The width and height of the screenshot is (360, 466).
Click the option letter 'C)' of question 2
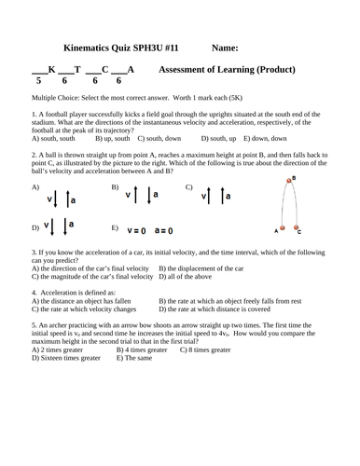click(x=188, y=187)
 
